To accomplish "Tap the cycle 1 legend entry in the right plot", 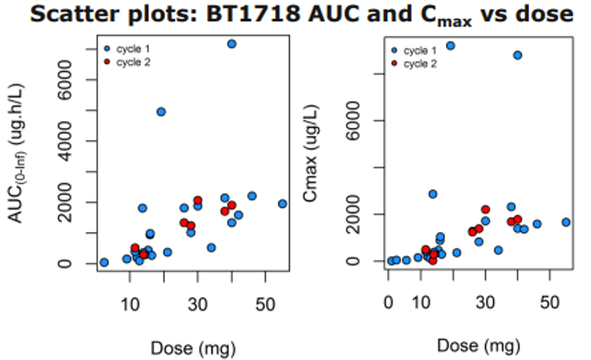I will coord(419,51).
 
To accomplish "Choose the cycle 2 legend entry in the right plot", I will coord(419,63).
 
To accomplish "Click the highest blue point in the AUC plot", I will coord(232,44).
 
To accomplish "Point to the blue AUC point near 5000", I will coord(160,112).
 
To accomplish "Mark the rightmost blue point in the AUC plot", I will coord(282,204).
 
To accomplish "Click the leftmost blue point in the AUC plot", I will coord(104,262).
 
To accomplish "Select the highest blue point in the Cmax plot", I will coord(450,46).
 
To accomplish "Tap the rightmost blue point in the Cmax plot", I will coord(565,222).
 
